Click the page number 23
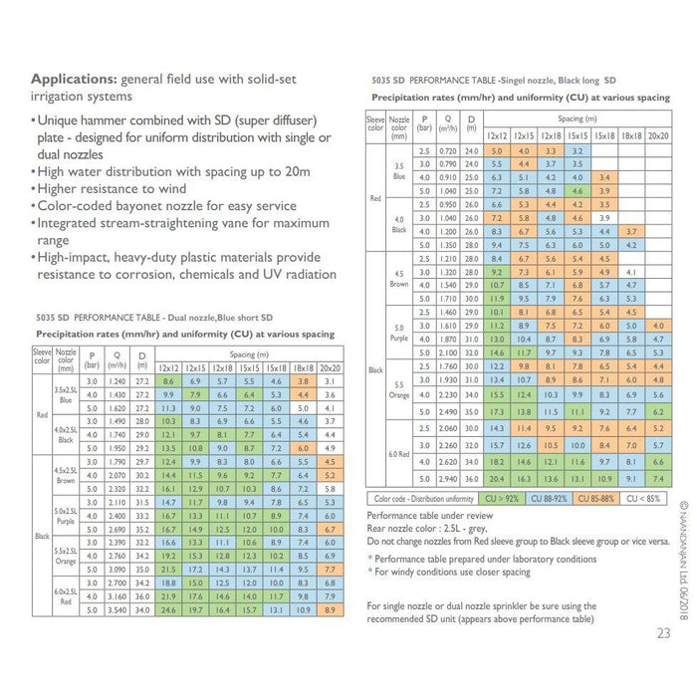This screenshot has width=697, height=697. tap(663, 631)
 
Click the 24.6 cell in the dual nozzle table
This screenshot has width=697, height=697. tap(168, 610)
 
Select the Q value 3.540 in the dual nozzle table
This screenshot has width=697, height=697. tap(116, 610)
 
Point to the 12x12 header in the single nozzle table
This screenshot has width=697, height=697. tap(498, 135)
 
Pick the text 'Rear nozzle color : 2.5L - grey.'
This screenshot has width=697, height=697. tap(434, 529)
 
